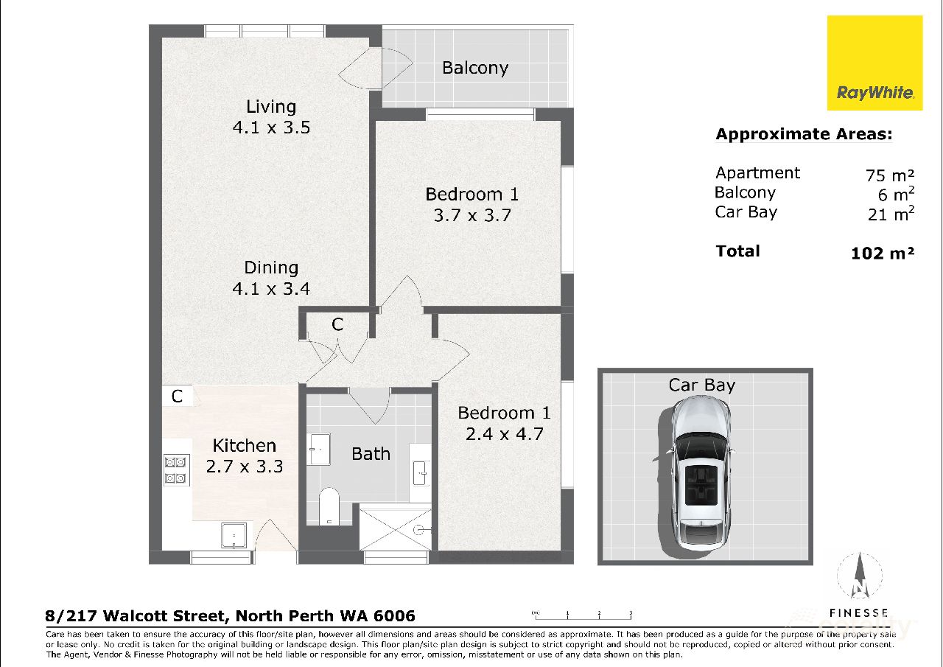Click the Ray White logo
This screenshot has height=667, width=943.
coord(874,63)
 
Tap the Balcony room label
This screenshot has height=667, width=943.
coord(475,68)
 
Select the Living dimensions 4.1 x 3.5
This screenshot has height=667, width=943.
coord(271,128)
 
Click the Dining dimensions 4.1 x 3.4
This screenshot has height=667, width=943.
coord(271,289)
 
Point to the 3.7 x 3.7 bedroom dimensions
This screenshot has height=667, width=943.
coord(471,216)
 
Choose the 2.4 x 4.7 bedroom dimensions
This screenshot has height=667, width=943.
coord(504,434)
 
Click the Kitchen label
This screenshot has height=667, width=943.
coord(245,445)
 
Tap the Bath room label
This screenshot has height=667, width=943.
coord(371,454)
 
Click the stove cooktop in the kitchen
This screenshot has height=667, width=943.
coord(176,470)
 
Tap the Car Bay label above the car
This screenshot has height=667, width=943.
coord(701,385)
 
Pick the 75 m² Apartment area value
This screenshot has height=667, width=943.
coord(890,175)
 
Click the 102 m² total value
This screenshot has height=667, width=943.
coord(882,253)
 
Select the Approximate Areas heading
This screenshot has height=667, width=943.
coord(804,134)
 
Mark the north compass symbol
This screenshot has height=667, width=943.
coord(859,579)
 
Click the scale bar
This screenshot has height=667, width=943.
coord(582,614)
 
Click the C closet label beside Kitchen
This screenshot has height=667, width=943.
coord(177,397)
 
